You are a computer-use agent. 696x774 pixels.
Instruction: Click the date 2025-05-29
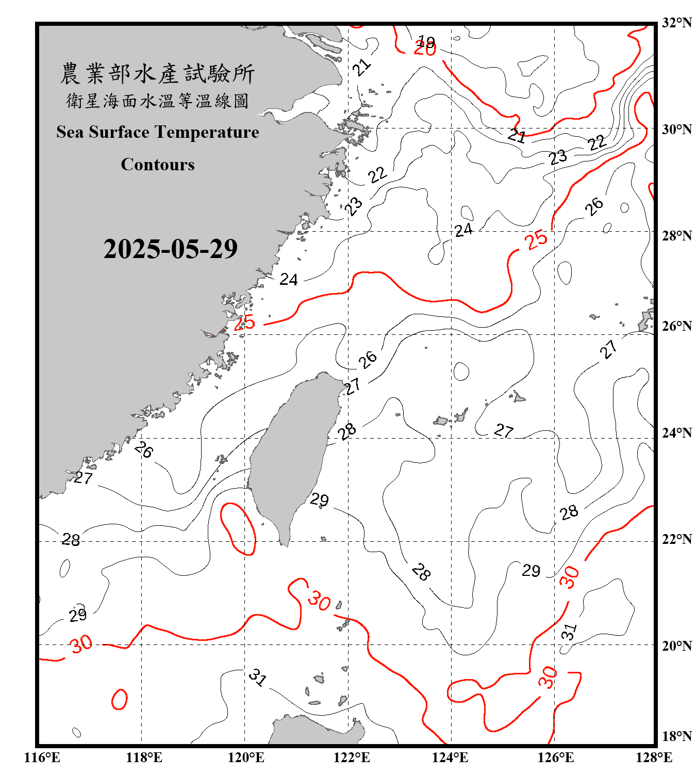[170, 249]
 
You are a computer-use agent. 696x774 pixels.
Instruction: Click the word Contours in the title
[158, 164]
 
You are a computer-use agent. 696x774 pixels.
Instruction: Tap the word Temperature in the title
[207, 132]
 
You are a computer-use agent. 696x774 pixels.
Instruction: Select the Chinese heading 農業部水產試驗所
[157, 73]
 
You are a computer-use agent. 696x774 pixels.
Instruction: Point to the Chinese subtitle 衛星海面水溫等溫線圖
[157, 101]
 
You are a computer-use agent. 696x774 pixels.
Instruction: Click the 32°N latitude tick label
[676, 23]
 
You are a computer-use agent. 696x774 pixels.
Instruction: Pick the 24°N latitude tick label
[676, 432]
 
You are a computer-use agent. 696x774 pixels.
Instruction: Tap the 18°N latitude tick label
[676, 736]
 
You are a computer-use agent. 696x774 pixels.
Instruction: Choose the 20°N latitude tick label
[676, 646]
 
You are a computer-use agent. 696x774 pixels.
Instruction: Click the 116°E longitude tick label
[42, 757]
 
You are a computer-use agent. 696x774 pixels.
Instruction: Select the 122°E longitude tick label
[352, 757]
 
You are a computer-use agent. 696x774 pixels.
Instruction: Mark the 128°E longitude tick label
[654, 757]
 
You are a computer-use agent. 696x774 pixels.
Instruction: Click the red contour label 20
[425, 50]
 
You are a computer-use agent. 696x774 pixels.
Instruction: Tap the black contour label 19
[426, 41]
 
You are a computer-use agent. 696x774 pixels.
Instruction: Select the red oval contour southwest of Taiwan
[238, 529]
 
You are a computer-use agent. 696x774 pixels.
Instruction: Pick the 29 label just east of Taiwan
[319, 499]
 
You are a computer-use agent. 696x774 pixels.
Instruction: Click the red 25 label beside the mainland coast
[244, 322]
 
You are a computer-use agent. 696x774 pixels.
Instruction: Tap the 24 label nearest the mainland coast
[289, 280]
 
